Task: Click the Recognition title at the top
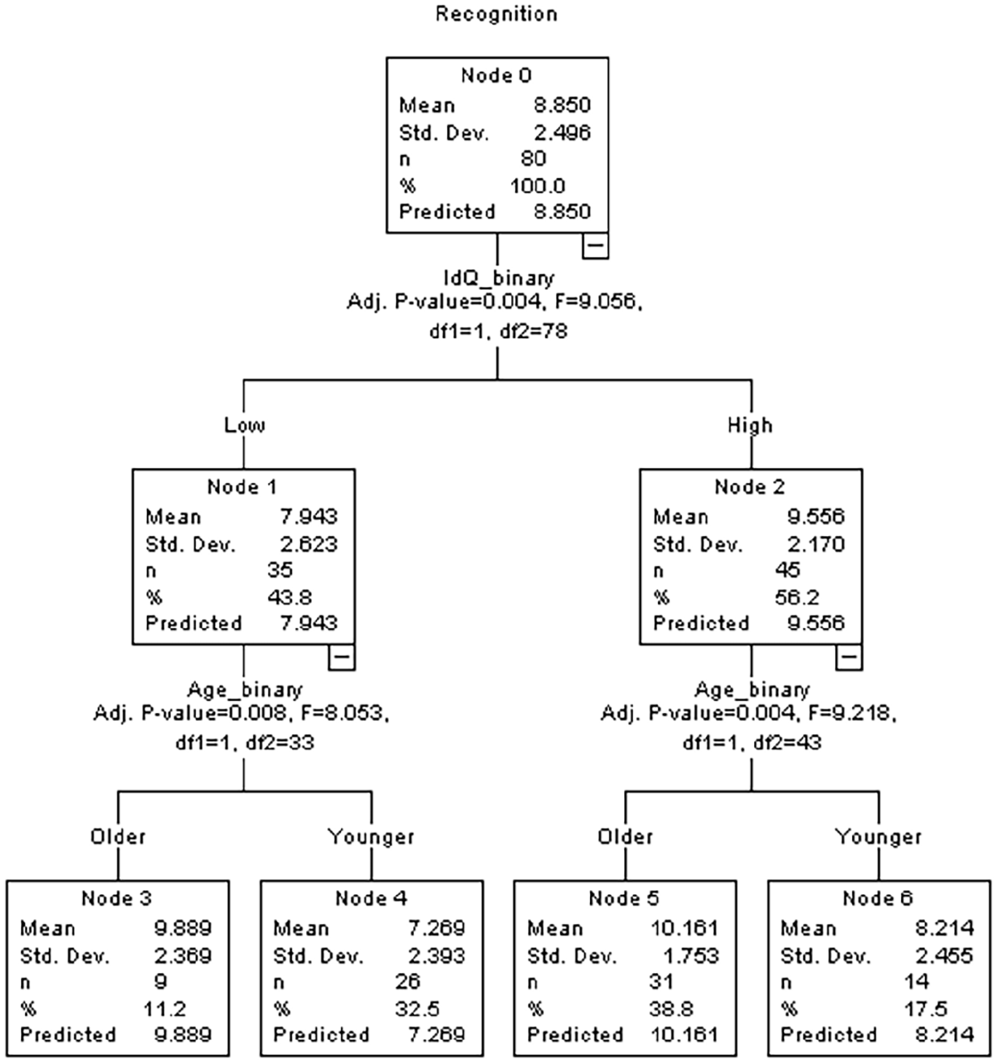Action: point(496,15)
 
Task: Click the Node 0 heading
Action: point(496,76)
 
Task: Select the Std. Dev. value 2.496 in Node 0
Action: point(562,133)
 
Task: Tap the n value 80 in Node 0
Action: point(533,159)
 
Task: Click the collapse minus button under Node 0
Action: point(595,245)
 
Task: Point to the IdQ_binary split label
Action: point(499,278)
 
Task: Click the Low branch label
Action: point(245,425)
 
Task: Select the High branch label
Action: point(750,425)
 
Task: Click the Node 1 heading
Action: point(243,487)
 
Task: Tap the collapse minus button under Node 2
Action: point(849,657)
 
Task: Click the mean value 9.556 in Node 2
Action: point(817,516)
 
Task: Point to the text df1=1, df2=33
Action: point(245,743)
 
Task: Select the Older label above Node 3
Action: point(118,836)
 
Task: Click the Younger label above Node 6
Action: point(879,836)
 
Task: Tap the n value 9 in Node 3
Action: point(160,982)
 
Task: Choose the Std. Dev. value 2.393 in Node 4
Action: point(437,955)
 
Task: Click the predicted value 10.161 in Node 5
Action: point(685,1035)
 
